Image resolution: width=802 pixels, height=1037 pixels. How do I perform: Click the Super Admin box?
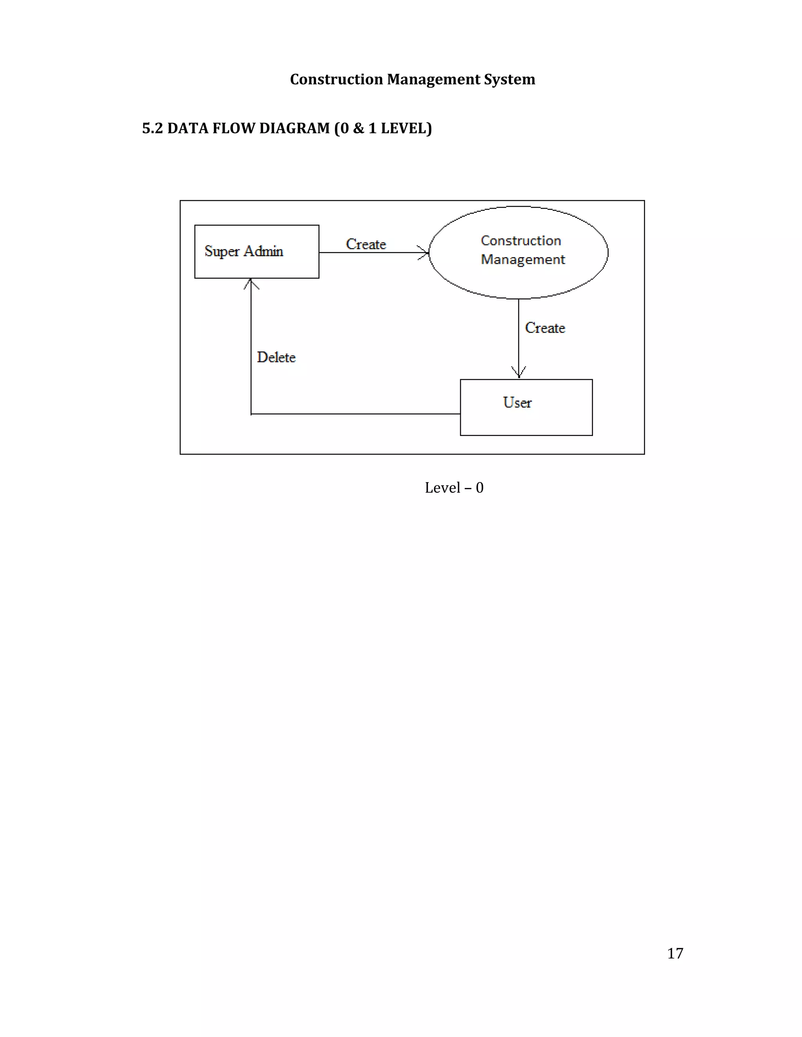[x=256, y=251]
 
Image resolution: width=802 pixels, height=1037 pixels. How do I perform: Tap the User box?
[x=526, y=407]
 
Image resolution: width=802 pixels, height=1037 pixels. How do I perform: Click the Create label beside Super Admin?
[x=366, y=244]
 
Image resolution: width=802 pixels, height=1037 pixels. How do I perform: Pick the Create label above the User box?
[x=545, y=328]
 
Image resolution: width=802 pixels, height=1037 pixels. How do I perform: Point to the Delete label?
[x=276, y=357]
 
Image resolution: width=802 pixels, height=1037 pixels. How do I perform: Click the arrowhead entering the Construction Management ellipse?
[x=424, y=253]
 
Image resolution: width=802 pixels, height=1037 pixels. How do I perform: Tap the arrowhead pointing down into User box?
[x=519, y=372]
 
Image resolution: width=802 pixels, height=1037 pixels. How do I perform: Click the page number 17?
[x=675, y=953]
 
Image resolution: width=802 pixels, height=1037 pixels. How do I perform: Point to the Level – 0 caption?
[x=454, y=488]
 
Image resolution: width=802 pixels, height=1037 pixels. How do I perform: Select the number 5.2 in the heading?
[x=152, y=128]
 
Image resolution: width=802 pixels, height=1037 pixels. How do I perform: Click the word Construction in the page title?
[x=336, y=79]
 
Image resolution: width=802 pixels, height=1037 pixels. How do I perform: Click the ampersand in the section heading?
[x=358, y=128]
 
